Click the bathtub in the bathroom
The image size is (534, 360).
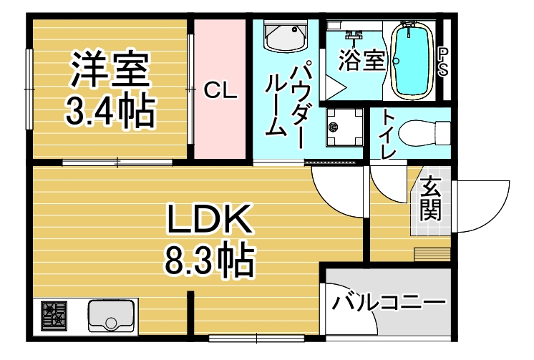(412, 61)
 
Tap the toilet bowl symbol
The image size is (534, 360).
(424, 133)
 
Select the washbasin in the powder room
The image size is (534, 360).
(286, 36)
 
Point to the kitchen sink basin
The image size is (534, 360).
(111, 316)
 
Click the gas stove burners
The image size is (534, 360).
(54, 316)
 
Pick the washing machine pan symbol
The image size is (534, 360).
(344, 127)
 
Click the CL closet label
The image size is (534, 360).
(220, 91)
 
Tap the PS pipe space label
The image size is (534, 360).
(442, 62)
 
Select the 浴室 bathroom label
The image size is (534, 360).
(361, 61)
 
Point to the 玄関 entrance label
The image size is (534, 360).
(430, 198)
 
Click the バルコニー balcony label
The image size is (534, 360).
(389, 302)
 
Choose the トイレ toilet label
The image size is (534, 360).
(388, 134)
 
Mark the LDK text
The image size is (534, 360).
(209, 220)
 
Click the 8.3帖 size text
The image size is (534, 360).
(210, 262)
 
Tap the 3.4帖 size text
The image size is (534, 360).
(110, 110)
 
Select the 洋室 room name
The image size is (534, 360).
(110, 69)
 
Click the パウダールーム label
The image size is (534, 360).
(286, 104)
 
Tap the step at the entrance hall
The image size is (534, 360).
(432, 254)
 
